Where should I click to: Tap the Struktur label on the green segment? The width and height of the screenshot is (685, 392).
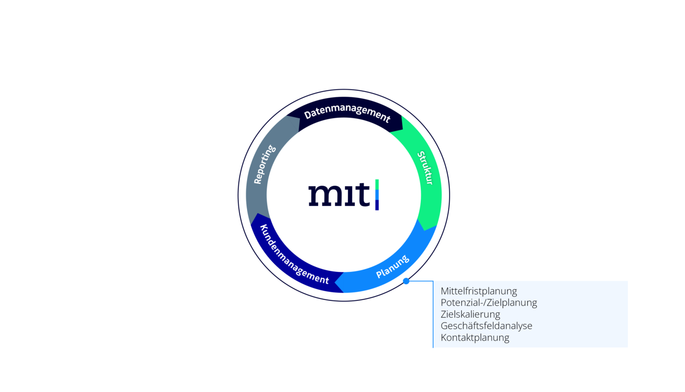click(x=425, y=168)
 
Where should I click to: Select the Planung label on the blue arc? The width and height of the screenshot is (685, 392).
click(x=392, y=266)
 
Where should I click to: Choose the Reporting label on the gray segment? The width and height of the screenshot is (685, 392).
click(x=265, y=165)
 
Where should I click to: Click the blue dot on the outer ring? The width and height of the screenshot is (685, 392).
click(x=406, y=281)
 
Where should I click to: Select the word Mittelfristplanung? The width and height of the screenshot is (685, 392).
click(x=479, y=291)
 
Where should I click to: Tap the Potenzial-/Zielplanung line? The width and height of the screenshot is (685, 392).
click(x=489, y=303)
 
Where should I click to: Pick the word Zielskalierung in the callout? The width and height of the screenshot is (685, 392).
click(x=470, y=314)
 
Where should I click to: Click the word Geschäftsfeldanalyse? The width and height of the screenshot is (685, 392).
click(x=486, y=325)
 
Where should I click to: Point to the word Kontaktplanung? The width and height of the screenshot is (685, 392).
click(x=475, y=338)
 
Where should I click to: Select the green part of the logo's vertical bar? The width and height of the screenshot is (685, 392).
click(x=377, y=185)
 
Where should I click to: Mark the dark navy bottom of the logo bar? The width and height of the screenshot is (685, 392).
click(x=377, y=205)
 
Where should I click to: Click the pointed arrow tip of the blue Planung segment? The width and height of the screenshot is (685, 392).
click(x=335, y=282)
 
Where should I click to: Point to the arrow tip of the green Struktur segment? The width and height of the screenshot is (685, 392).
click(x=425, y=230)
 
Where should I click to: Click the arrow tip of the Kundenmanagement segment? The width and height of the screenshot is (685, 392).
click(x=258, y=214)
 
